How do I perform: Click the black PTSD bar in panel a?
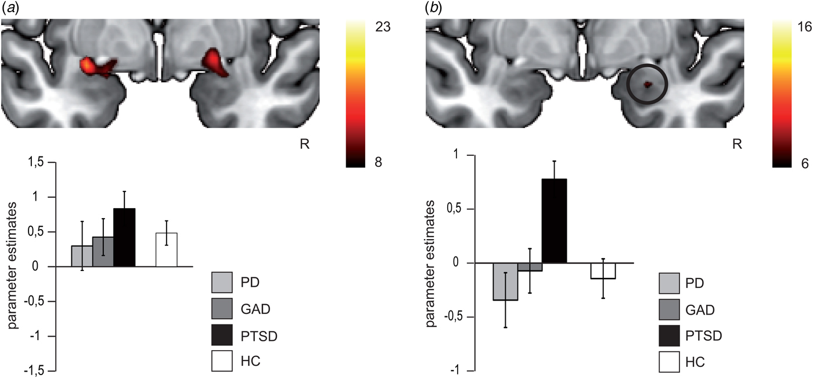(x=124, y=238)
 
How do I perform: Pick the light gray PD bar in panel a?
(x=81, y=256)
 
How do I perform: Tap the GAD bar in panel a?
(x=102, y=252)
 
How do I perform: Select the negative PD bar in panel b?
(x=505, y=281)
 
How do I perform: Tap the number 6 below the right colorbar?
(x=805, y=163)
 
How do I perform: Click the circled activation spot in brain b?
(x=647, y=85)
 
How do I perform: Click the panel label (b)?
(x=434, y=8)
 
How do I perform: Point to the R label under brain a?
(x=304, y=144)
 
